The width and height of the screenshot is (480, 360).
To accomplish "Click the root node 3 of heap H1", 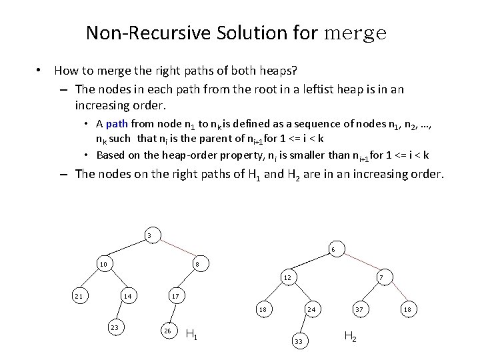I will click(x=150, y=235).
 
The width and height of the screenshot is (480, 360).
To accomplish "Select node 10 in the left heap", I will click(x=103, y=265).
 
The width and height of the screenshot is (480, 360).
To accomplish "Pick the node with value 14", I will click(x=127, y=295).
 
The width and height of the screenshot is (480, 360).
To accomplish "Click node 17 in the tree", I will click(x=175, y=295).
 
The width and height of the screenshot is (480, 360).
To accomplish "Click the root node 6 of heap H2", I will click(x=333, y=250).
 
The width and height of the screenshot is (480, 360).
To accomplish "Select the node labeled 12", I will click(x=287, y=277).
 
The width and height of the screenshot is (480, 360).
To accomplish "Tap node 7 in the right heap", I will click(x=380, y=277).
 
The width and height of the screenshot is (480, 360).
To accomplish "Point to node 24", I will click(x=311, y=309).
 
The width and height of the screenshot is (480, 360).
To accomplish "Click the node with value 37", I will click(x=359, y=309).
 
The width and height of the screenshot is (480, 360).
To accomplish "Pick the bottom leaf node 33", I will click(x=298, y=341).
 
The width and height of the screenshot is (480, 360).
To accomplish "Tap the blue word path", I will click(x=117, y=123).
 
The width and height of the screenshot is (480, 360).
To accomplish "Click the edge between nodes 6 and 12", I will click(x=310, y=263).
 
